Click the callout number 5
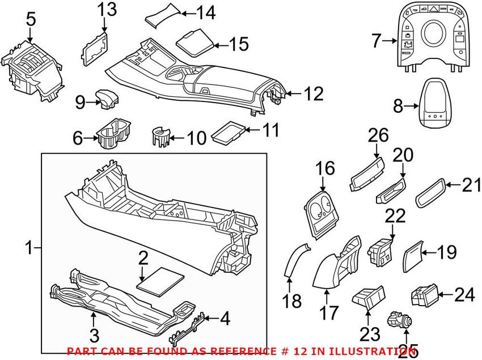pos(30,19)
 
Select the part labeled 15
pos(195,42)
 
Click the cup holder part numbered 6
pos(113,134)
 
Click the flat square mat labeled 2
pos(162,279)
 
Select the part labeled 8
pos(436,105)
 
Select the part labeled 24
pos(422,295)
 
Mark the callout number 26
pos(379,135)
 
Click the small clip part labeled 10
pos(162,138)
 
